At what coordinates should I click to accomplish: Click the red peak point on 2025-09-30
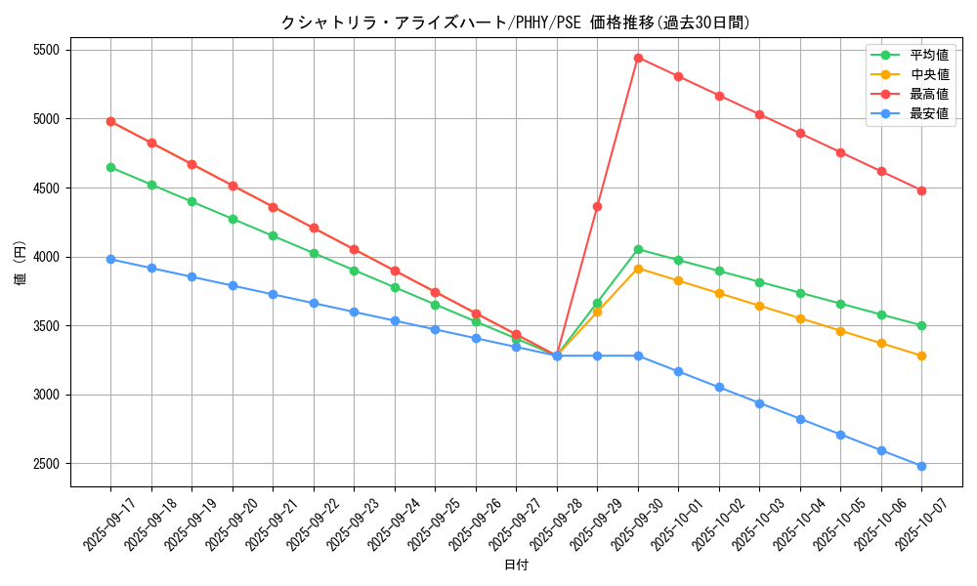(638, 58)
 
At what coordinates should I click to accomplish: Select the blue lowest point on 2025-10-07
(921, 466)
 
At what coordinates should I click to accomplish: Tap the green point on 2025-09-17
(110, 167)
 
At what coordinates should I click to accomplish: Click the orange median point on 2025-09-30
(638, 268)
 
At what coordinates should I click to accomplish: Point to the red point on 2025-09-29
(597, 206)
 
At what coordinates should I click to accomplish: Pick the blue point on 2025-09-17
(110, 259)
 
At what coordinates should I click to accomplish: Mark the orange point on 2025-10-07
(921, 356)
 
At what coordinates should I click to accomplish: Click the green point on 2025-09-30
(638, 249)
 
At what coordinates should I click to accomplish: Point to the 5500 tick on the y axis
(46, 50)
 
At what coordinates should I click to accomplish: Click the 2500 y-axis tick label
(46, 464)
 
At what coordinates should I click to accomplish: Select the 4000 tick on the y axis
(46, 257)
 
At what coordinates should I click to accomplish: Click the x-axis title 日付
(516, 565)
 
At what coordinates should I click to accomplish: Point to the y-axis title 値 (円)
(20, 264)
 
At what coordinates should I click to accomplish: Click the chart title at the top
(516, 22)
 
